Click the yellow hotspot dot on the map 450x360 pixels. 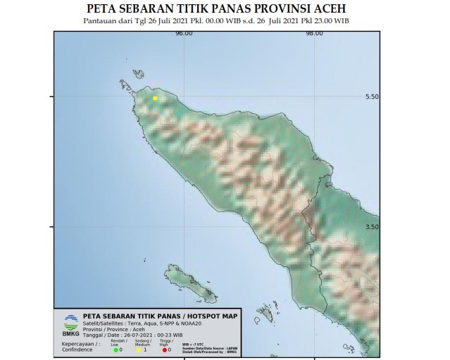(x=155, y=99)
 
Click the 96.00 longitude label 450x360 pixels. (x=185, y=33)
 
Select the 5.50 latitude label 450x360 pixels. (x=373, y=97)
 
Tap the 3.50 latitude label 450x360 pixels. (x=373, y=227)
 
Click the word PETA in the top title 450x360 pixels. (x=101, y=9)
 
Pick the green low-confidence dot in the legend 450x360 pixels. (x=117, y=349)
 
